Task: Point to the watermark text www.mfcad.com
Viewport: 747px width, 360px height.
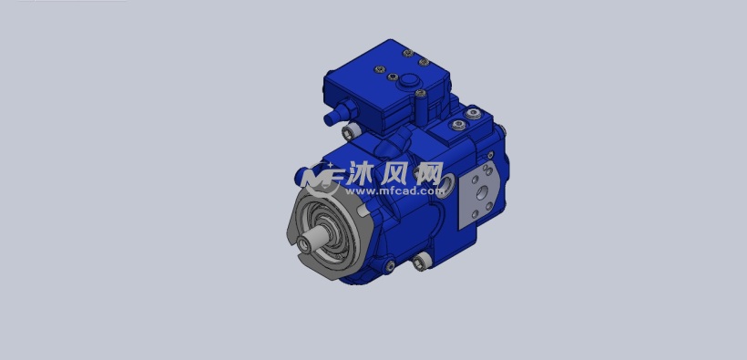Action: pos(391,191)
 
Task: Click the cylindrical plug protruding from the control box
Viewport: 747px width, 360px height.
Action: pos(336,114)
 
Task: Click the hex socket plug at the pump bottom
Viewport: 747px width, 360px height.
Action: pos(420,263)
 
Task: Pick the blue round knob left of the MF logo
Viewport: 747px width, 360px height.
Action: pos(302,173)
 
